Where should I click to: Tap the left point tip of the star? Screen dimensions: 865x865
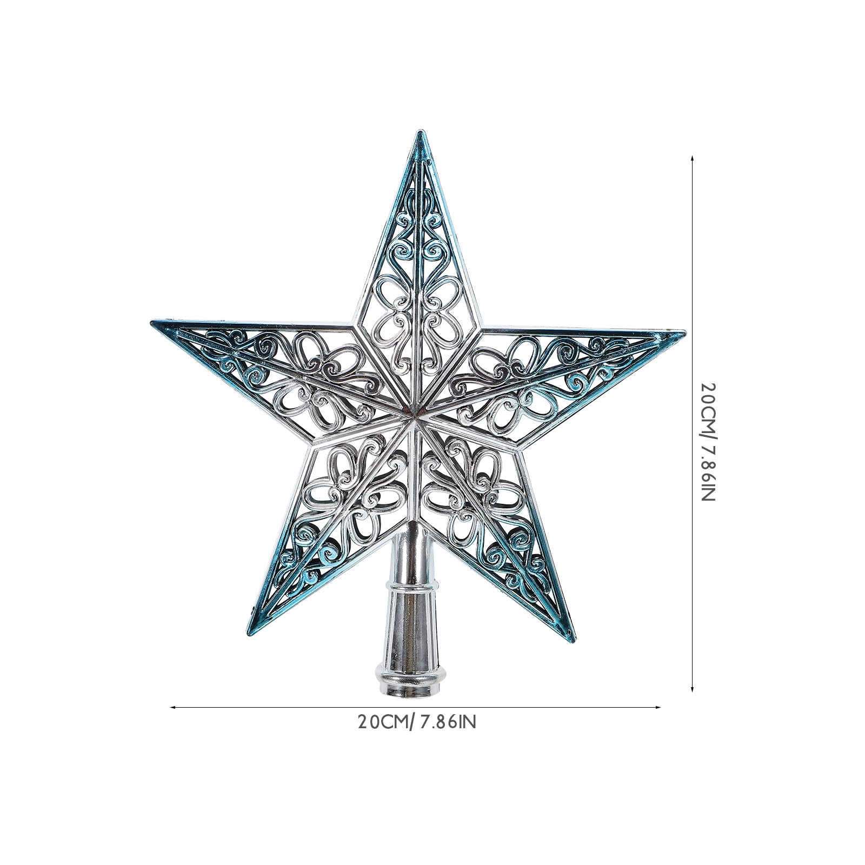pos(151,324)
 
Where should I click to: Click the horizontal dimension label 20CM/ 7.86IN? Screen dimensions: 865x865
pos(416,722)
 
